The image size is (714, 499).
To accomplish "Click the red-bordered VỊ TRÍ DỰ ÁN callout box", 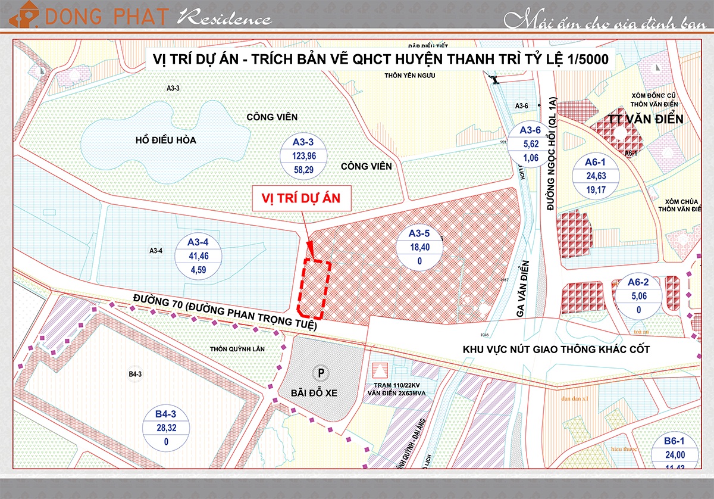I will click(302, 198).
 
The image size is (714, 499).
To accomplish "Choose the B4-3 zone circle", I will click(162, 427).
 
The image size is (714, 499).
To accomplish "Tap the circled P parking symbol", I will click(321, 373).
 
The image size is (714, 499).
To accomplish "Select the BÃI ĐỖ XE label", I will click(321, 394).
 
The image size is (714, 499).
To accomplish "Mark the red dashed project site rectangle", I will click(314, 289).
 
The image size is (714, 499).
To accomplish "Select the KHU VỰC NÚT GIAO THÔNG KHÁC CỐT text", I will click(556, 350).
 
